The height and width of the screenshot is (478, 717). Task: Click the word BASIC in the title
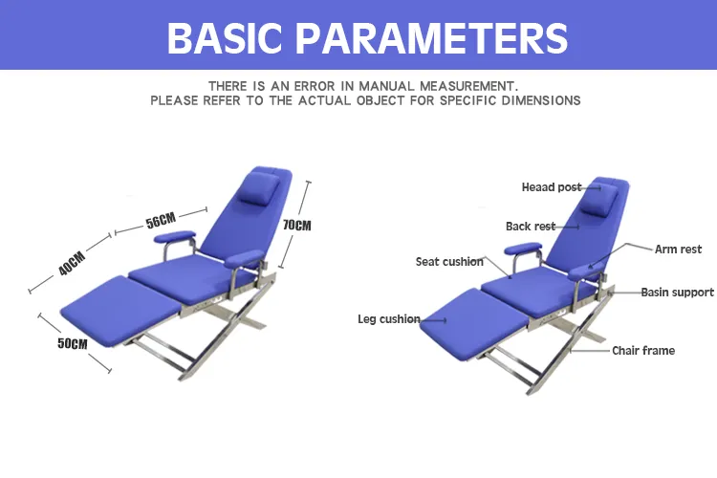tap(230, 37)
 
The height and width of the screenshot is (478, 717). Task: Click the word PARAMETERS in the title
tap(434, 37)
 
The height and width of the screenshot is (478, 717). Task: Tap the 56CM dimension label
tap(161, 222)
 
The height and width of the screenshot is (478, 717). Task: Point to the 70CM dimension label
tap(297, 226)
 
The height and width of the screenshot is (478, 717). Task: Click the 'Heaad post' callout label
tap(551, 187)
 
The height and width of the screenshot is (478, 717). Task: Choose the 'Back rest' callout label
tap(530, 227)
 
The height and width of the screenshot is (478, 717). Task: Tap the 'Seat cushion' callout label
tap(449, 261)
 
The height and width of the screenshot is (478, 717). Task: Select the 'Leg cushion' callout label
tap(389, 319)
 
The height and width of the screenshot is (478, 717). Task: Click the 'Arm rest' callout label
tap(678, 250)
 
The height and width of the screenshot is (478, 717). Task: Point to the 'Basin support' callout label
tap(677, 293)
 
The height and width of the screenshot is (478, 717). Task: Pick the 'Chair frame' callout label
tap(643, 351)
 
